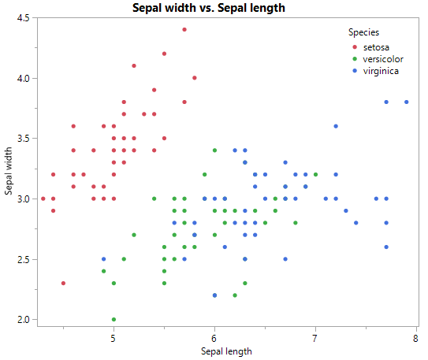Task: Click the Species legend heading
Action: tap(363, 32)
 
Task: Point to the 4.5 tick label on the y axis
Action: tap(23, 18)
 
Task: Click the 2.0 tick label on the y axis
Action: tap(23, 319)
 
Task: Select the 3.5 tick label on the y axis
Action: tap(23, 139)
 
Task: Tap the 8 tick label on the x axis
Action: tap(415, 339)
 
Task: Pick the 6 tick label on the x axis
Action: tap(214, 339)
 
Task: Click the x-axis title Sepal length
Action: tap(226, 351)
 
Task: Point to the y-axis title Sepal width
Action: tap(9, 169)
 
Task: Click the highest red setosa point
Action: tap(184, 30)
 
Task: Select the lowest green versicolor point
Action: tap(114, 319)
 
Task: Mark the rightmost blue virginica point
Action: tap(407, 102)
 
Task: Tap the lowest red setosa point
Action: tap(63, 283)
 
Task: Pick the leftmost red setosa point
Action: tap(43, 199)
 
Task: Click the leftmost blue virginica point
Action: tap(103, 259)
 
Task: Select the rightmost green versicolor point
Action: tap(315, 175)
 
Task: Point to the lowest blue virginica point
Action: tap(214, 295)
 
